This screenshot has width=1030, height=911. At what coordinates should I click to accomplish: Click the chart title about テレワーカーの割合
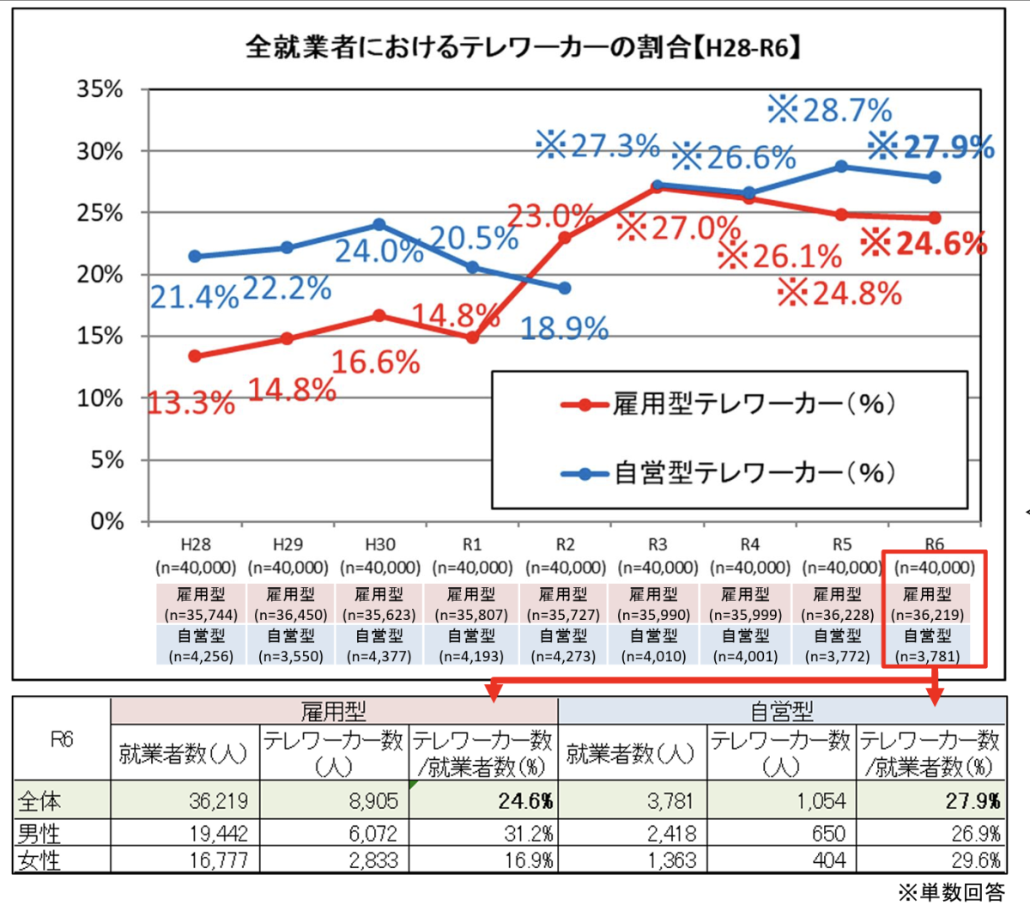tap(523, 46)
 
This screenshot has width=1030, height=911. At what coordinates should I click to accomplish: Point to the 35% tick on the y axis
tap(100, 89)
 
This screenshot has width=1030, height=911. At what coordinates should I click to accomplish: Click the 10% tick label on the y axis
tap(100, 398)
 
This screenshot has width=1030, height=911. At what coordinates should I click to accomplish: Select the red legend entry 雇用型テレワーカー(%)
tap(730, 404)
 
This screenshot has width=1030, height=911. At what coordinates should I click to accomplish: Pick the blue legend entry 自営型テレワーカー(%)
tap(730, 472)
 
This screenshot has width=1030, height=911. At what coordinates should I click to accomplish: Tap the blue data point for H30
tap(379, 225)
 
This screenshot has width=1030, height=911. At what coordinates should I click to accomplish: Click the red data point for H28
tap(195, 356)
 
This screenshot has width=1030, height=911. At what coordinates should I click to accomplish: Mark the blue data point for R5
tap(842, 167)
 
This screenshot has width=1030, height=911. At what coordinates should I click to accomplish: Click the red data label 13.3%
tap(191, 403)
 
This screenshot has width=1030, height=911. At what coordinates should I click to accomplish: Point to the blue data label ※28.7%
tap(829, 111)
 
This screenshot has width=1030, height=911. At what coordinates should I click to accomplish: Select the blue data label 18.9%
tap(565, 328)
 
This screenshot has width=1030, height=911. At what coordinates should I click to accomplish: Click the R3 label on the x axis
tap(657, 545)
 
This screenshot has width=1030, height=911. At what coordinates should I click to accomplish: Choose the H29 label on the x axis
tap(288, 545)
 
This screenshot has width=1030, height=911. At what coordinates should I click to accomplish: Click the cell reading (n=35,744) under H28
tap(201, 615)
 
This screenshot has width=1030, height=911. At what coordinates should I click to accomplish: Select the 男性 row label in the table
tap(39, 833)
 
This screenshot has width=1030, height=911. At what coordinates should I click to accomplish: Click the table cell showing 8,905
tap(374, 802)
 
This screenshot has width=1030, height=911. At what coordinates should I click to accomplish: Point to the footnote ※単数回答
tap(950, 893)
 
